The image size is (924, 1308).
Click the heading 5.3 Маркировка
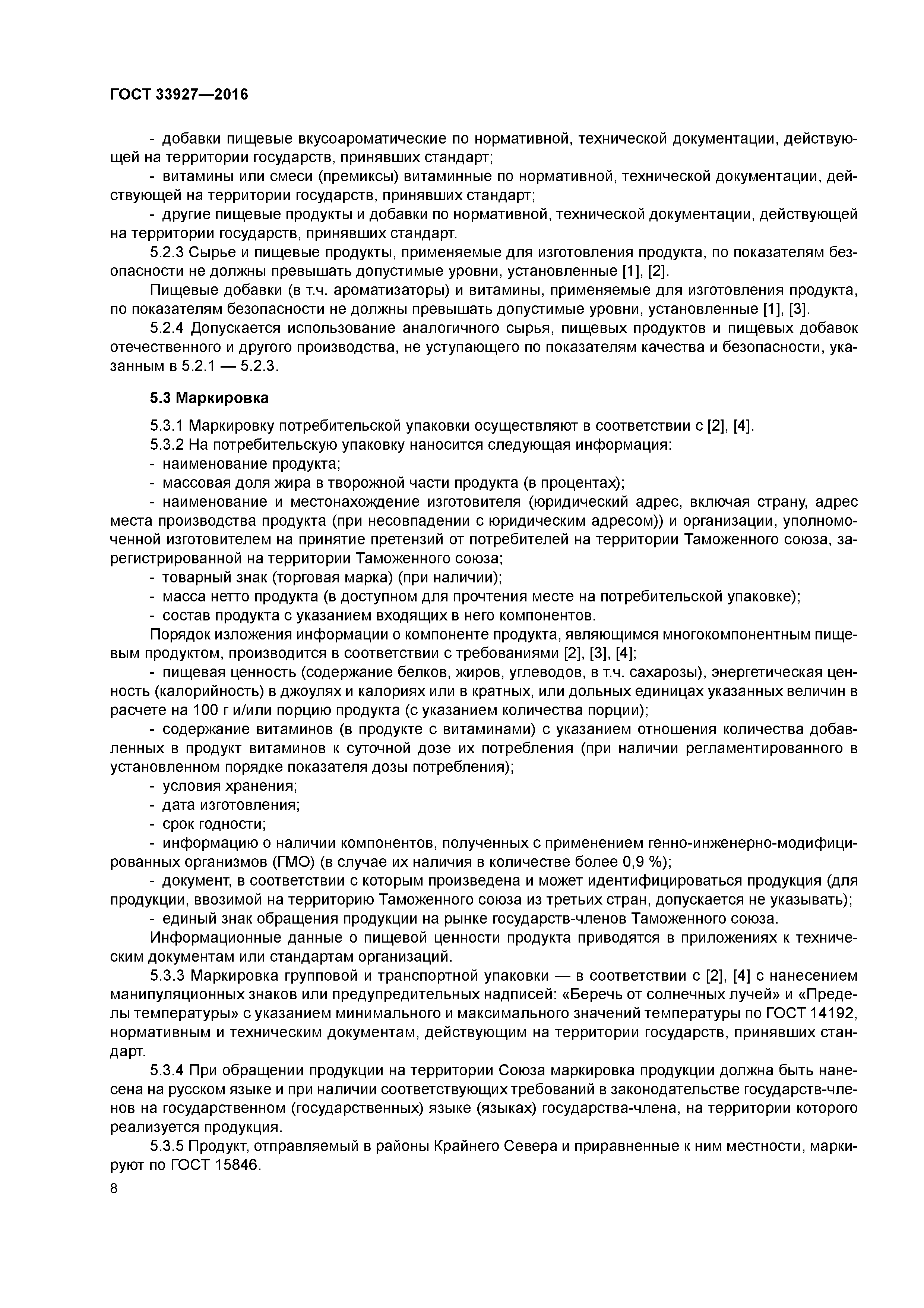pyautogui.click(x=209, y=397)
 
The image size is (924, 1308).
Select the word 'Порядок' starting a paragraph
pyautogui.click(x=181, y=635)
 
